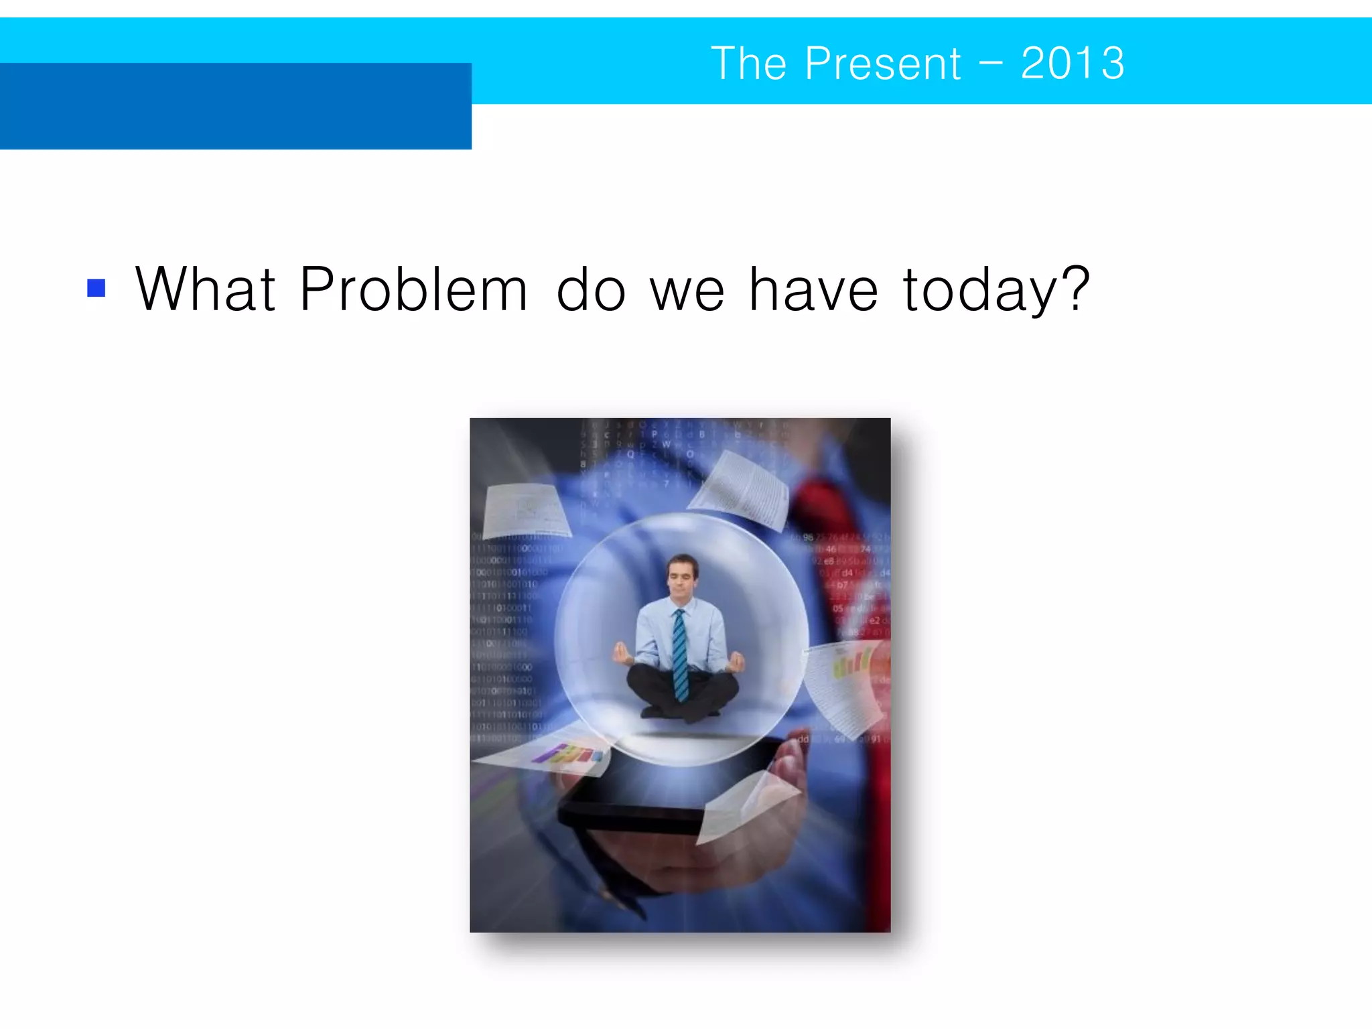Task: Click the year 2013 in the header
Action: (x=1072, y=64)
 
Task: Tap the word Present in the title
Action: (x=882, y=64)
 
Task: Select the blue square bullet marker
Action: (x=96, y=288)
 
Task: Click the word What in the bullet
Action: (x=205, y=289)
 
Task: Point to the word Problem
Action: (x=413, y=289)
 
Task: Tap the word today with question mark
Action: (x=996, y=289)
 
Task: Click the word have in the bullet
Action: (x=813, y=289)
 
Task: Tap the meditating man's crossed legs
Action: (x=682, y=693)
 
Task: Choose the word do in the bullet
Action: (x=590, y=289)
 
